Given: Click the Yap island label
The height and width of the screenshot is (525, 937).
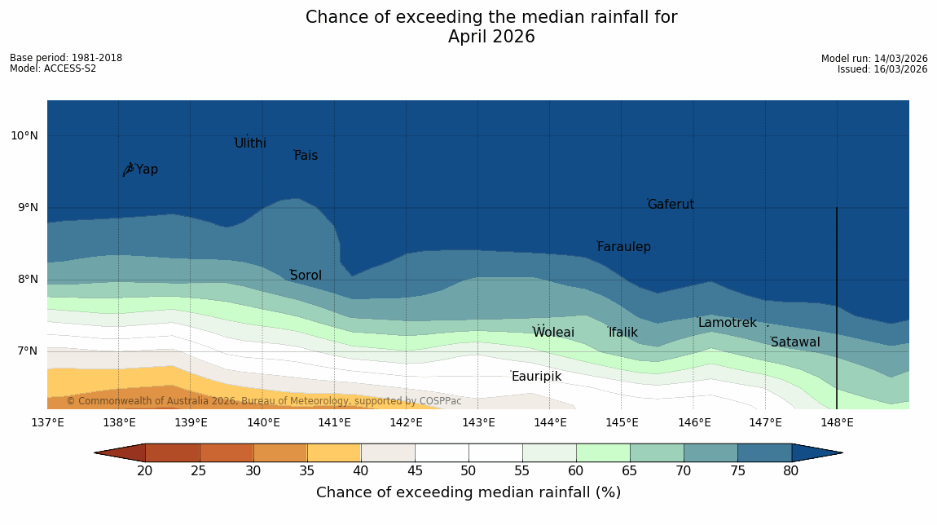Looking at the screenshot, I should (147, 170).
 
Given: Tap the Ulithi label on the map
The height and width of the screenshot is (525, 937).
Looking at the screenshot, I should (250, 143).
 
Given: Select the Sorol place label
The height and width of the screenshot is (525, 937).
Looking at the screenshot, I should (306, 276).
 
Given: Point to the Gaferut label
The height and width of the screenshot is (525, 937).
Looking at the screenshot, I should (671, 205).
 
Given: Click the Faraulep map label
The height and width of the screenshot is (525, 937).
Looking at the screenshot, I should (623, 247).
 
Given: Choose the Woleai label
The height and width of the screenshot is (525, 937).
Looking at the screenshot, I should (553, 333).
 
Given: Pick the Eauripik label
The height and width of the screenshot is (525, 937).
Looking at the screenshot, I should (536, 377).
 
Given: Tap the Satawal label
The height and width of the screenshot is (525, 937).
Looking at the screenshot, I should (795, 342).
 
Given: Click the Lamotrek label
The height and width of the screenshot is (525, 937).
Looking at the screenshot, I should (727, 323).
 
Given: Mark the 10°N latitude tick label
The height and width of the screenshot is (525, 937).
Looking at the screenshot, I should (24, 136).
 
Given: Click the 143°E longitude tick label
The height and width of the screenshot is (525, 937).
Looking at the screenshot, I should (478, 422).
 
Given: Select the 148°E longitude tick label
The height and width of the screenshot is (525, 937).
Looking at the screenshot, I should (837, 422).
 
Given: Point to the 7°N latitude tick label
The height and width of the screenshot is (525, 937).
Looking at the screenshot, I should (24, 351).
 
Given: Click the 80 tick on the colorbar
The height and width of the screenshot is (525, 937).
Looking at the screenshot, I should (791, 471).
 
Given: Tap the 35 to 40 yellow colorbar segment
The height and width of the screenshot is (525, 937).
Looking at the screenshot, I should (334, 452).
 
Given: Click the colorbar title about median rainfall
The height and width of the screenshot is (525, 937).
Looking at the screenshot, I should (468, 492).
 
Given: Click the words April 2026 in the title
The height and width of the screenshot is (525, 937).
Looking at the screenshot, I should (491, 37).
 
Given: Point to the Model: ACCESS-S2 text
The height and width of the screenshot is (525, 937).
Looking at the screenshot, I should (53, 68).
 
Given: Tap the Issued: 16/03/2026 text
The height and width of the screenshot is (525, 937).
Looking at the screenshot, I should (882, 69).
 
